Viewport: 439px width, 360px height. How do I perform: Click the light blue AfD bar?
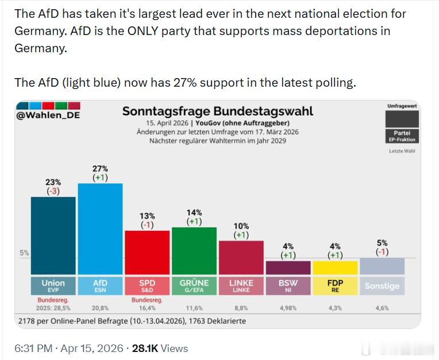[x=100, y=230]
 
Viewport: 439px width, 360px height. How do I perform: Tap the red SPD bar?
[x=147, y=253]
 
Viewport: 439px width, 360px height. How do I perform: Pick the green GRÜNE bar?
[x=194, y=251]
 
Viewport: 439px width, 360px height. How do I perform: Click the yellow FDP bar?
[x=335, y=268]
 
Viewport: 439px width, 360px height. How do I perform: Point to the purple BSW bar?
[x=288, y=268]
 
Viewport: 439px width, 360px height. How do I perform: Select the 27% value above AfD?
[x=100, y=168]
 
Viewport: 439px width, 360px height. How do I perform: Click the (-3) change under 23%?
[x=53, y=191]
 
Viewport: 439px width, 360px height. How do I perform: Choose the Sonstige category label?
[x=382, y=285]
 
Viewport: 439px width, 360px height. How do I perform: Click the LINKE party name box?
[x=241, y=285]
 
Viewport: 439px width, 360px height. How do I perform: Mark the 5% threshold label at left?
[x=24, y=252]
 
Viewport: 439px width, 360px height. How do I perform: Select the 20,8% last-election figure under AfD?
[x=100, y=308]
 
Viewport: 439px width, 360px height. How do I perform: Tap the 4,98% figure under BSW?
[x=288, y=308]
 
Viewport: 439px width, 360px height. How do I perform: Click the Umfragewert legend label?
[x=402, y=106]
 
